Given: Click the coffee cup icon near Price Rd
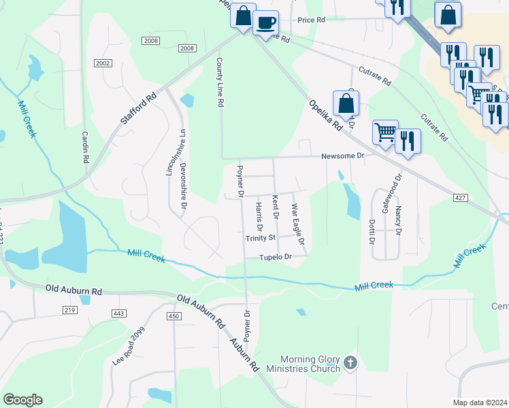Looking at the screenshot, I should coord(265,22).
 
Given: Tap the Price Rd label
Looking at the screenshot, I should coord(311,20).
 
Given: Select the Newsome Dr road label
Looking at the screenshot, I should coord(344,156).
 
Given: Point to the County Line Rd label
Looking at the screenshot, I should coord(220,83).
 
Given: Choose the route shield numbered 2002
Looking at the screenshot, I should coord(103,63).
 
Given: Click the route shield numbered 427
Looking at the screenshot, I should coord(461,197).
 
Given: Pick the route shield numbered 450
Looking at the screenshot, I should coord(174,316).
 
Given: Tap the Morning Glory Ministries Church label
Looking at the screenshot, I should coord(311,364).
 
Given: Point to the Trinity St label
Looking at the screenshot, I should coord(260,238).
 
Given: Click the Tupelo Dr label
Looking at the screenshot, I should coord(275,257).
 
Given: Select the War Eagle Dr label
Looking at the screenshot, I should coord(297,224).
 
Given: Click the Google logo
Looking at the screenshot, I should coord(22,400).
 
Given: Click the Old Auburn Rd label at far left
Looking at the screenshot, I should coord(73,290).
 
